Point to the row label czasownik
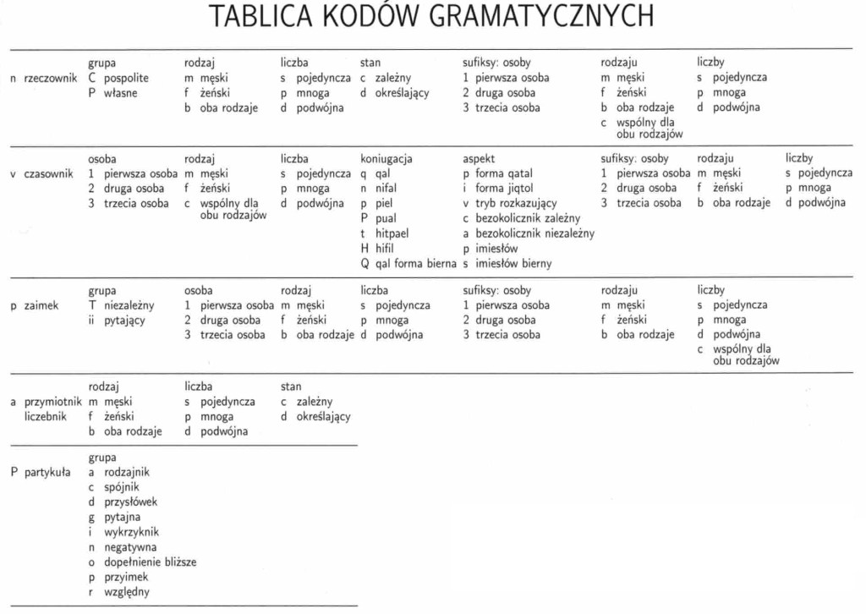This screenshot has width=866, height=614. pyautogui.click(x=50, y=174)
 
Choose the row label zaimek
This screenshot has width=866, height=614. pyautogui.click(x=41, y=305)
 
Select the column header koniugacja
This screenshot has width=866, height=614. pyautogui.click(x=386, y=159)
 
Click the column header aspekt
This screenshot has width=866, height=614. pyautogui.click(x=479, y=159)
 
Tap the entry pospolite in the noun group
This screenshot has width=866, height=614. pyautogui.click(x=126, y=78)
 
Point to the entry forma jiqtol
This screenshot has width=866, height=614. pyautogui.click(x=504, y=189)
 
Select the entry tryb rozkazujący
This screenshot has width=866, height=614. pyautogui.click(x=516, y=204)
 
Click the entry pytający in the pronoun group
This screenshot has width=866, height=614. pyautogui.click(x=124, y=321)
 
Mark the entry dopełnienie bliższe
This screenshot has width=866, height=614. pyautogui.click(x=150, y=562)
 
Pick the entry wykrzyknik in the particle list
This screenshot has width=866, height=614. pyautogui.click(x=131, y=532)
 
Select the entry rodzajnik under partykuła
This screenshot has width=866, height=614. pyautogui.click(x=127, y=472)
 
